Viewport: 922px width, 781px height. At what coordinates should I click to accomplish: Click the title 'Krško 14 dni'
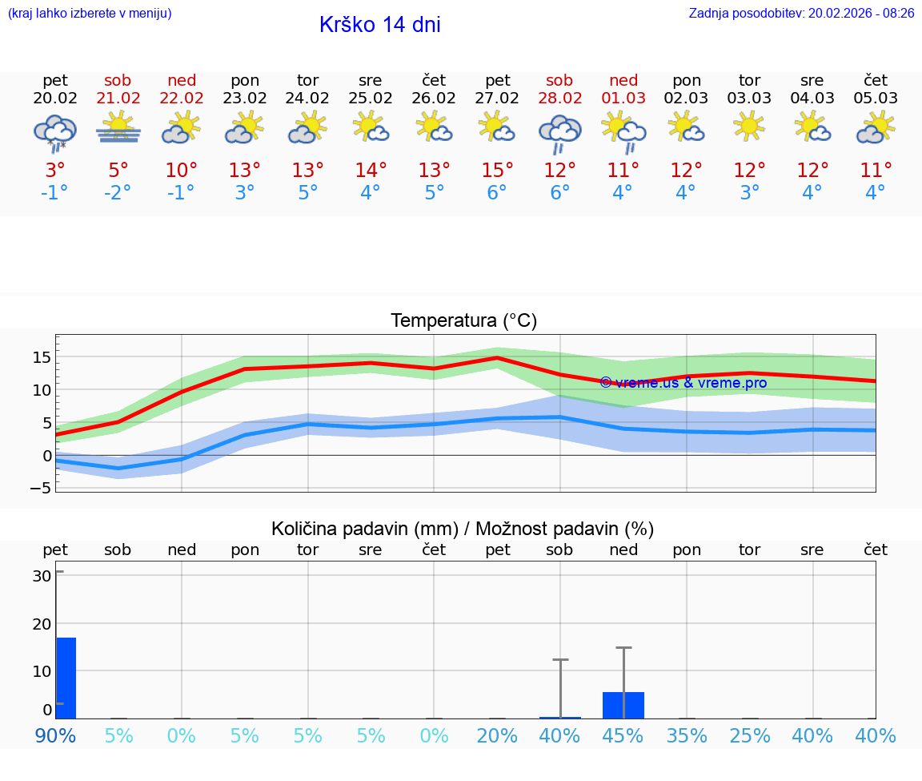[x=379, y=25]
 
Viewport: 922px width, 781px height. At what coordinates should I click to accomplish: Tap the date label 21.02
[x=118, y=99]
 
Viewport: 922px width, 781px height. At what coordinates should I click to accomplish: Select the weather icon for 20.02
[x=54, y=132]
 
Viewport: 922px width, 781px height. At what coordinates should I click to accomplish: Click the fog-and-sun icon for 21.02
[x=118, y=128]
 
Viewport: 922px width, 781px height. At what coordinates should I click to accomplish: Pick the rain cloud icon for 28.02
[x=559, y=132]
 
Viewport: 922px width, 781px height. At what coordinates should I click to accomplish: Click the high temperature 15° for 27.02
[x=497, y=170]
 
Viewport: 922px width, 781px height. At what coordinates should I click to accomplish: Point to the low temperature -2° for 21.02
[x=118, y=193]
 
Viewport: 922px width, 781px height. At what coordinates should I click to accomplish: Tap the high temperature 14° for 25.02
[x=371, y=170]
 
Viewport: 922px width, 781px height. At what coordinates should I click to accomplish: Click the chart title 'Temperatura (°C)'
[x=463, y=321]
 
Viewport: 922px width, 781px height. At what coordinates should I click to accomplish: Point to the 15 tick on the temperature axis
[x=42, y=357]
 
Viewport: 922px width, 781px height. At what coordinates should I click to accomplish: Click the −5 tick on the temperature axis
[x=41, y=488]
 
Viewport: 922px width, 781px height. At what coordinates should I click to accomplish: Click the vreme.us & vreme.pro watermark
[x=683, y=383]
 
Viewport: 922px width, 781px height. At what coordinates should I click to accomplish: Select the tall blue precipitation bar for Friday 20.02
[x=66, y=678]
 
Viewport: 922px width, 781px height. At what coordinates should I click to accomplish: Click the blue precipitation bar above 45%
[x=623, y=705]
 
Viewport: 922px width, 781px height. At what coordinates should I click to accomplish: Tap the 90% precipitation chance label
[x=55, y=735]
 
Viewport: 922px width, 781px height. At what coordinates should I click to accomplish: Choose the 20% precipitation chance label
[x=497, y=735]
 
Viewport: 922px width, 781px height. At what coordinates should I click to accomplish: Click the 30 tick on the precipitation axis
[x=42, y=576]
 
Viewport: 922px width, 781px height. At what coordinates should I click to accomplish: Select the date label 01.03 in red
[x=623, y=99]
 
